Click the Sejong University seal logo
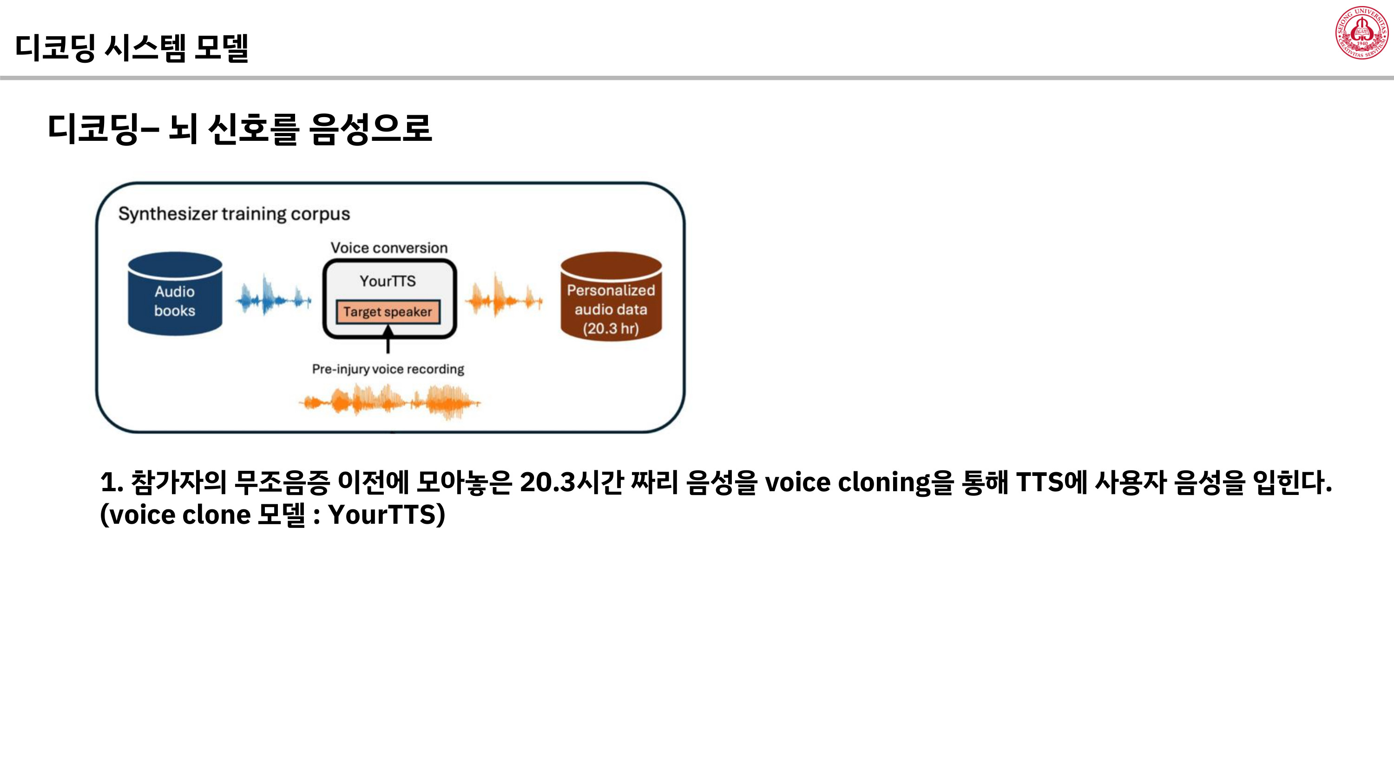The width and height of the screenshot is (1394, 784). pos(1361,33)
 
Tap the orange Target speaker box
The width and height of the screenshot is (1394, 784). pos(388,312)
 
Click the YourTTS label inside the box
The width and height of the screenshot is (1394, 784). pos(388,281)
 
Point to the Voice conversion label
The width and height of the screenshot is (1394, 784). pos(389,248)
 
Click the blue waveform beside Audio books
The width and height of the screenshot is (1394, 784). pos(273,296)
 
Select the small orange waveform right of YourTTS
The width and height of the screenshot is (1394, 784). pos(503,296)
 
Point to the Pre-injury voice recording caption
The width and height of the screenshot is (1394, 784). pos(388,369)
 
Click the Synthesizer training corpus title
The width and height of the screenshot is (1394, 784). pos(234,214)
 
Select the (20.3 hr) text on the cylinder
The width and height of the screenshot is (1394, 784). pos(611,329)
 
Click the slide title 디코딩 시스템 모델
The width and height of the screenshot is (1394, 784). pos(132,47)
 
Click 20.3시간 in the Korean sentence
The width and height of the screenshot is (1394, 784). pos(572,481)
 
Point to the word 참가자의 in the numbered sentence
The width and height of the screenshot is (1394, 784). pos(178,481)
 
